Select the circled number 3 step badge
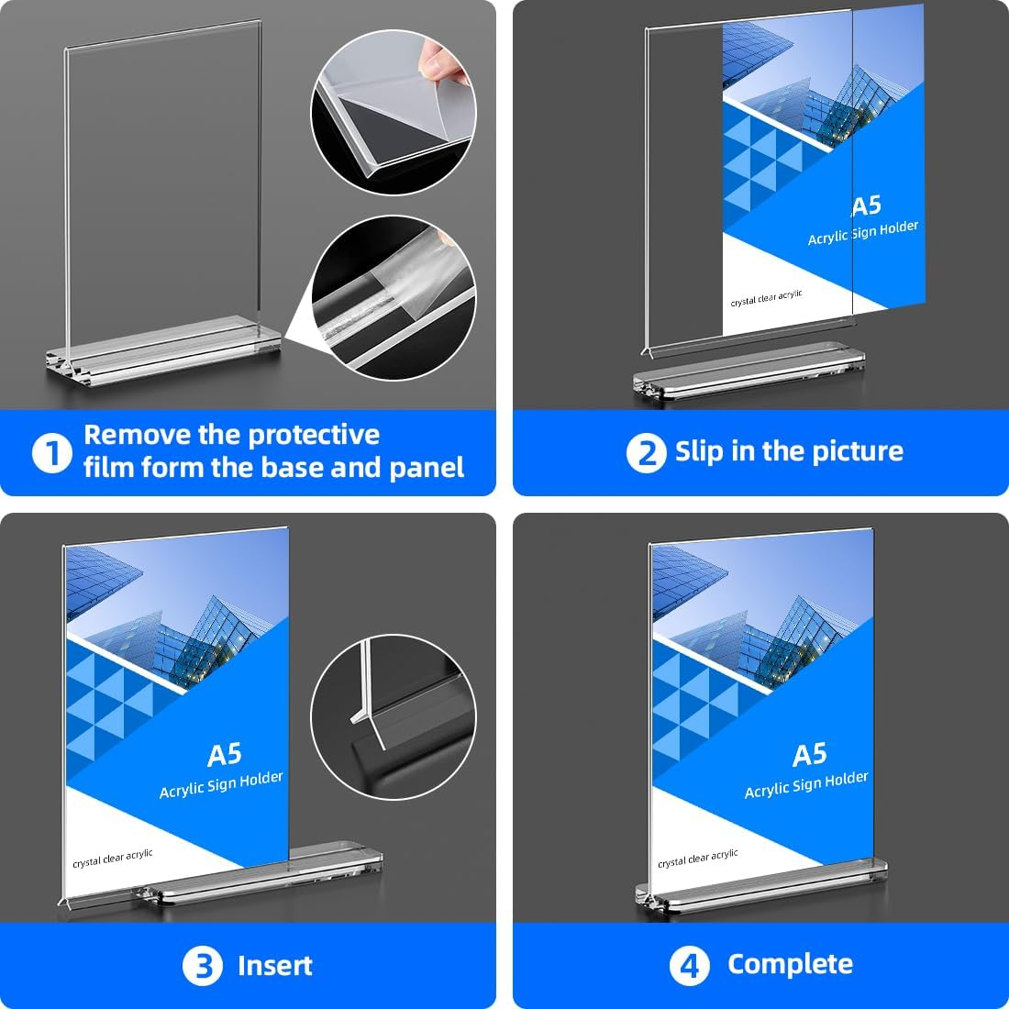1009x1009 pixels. tap(202, 966)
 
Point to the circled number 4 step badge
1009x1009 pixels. tap(689, 966)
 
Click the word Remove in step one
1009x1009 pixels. tap(137, 435)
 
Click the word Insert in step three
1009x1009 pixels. tap(274, 966)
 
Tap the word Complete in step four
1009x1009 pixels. tap(790, 964)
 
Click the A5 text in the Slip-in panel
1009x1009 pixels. tap(865, 206)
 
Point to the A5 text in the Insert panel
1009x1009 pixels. tap(225, 755)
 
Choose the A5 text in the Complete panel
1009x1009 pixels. tap(809, 755)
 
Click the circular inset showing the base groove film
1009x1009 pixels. tap(394, 295)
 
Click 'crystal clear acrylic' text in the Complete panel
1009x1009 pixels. tap(697, 859)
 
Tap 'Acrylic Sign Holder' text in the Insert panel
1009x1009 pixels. tap(221, 785)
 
